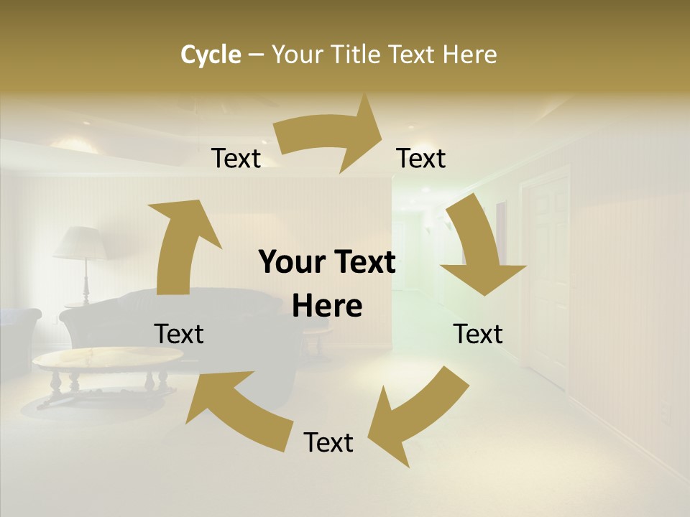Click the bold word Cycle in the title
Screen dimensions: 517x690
point(211,55)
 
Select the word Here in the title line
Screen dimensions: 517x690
point(470,55)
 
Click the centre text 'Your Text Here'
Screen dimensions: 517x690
point(327,284)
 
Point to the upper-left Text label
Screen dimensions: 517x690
point(236,159)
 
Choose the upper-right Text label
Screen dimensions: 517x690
point(421,159)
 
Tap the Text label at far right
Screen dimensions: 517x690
point(478,334)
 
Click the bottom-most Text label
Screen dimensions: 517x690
point(328,442)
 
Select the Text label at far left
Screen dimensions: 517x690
point(179,334)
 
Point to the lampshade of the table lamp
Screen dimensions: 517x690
point(80,243)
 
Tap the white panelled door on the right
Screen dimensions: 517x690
point(546,273)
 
